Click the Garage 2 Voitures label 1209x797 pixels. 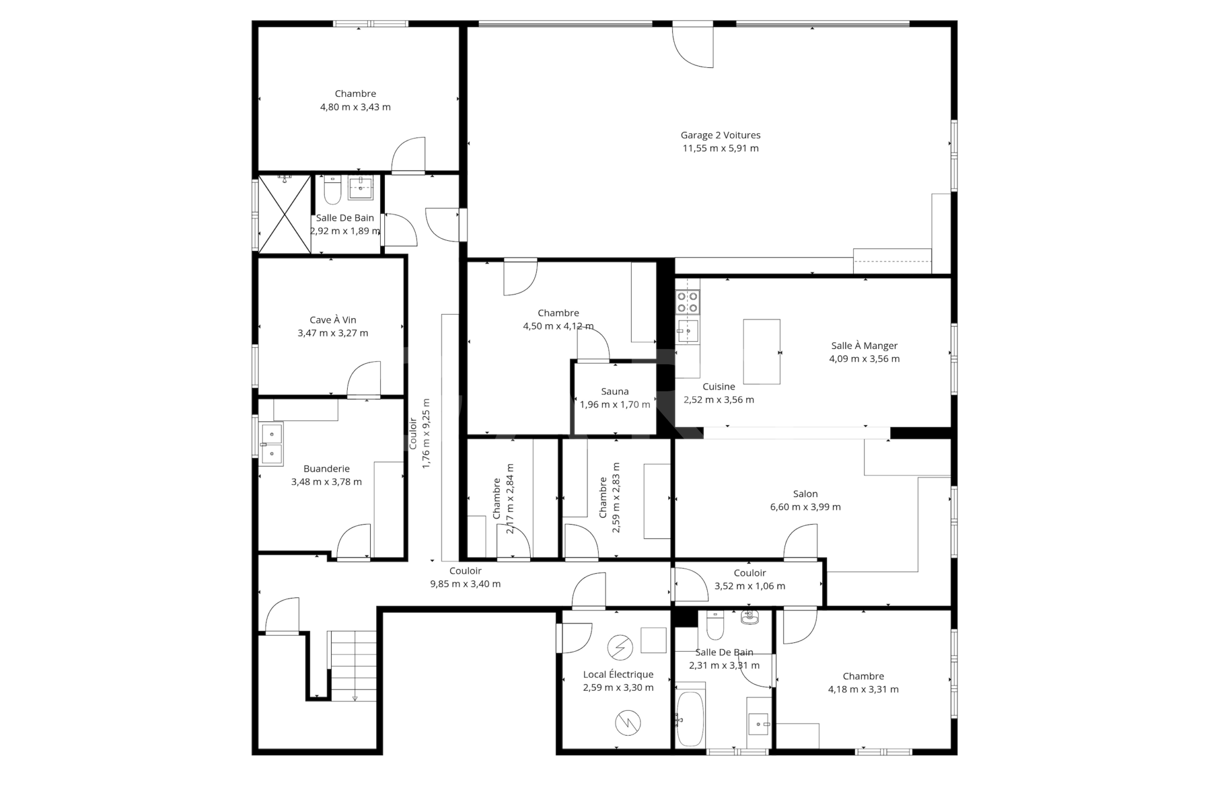pyautogui.click(x=720, y=135)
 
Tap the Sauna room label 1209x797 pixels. pyautogui.click(x=615, y=391)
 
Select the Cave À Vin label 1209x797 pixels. pyautogui.click(x=333, y=320)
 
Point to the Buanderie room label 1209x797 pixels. pyautogui.click(x=326, y=469)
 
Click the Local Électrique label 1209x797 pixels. pyautogui.click(x=618, y=674)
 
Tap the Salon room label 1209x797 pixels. pyautogui.click(x=805, y=494)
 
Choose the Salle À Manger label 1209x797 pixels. pyautogui.click(x=864, y=346)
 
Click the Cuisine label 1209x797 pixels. pyautogui.click(x=718, y=387)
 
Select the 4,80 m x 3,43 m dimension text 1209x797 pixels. pyautogui.click(x=355, y=107)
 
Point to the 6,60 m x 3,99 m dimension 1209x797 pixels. pyautogui.click(x=805, y=507)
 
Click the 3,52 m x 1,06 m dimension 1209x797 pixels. pyautogui.click(x=750, y=586)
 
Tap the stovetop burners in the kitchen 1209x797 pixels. pyautogui.click(x=688, y=302)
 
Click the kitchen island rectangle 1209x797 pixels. pyautogui.click(x=762, y=352)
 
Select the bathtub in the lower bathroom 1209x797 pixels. pyautogui.click(x=690, y=718)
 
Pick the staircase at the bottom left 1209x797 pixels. pyautogui.click(x=353, y=666)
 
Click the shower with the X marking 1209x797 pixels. pyautogui.click(x=285, y=214)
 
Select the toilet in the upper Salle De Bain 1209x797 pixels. pyautogui.click(x=332, y=188)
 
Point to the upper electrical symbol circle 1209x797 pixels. pyautogui.click(x=620, y=648)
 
